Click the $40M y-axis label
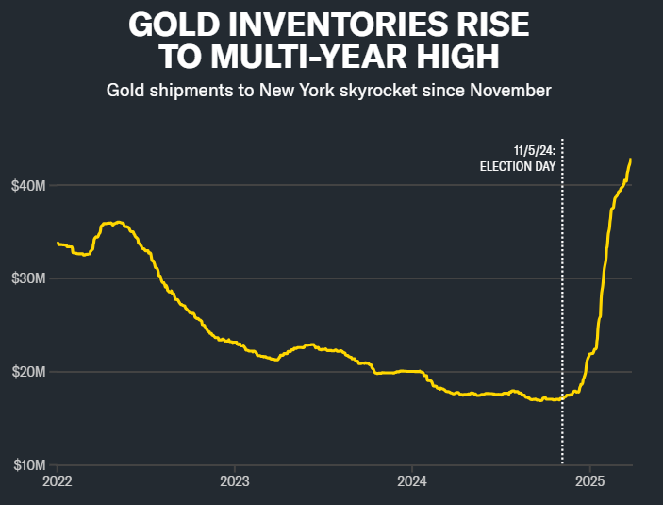click(x=29, y=185)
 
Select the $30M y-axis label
click(x=29, y=278)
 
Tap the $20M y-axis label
click(x=29, y=372)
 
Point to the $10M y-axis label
click(x=29, y=465)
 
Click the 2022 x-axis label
click(x=58, y=480)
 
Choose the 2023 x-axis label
click(x=235, y=480)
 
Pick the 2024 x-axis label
click(x=412, y=480)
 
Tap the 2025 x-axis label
click(x=590, y=480)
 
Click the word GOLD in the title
click(x=171, y=24)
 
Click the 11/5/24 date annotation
click(x=534, y=150)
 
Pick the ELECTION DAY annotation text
click(x=518, y=166)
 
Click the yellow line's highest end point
click(x=630, y=160)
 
